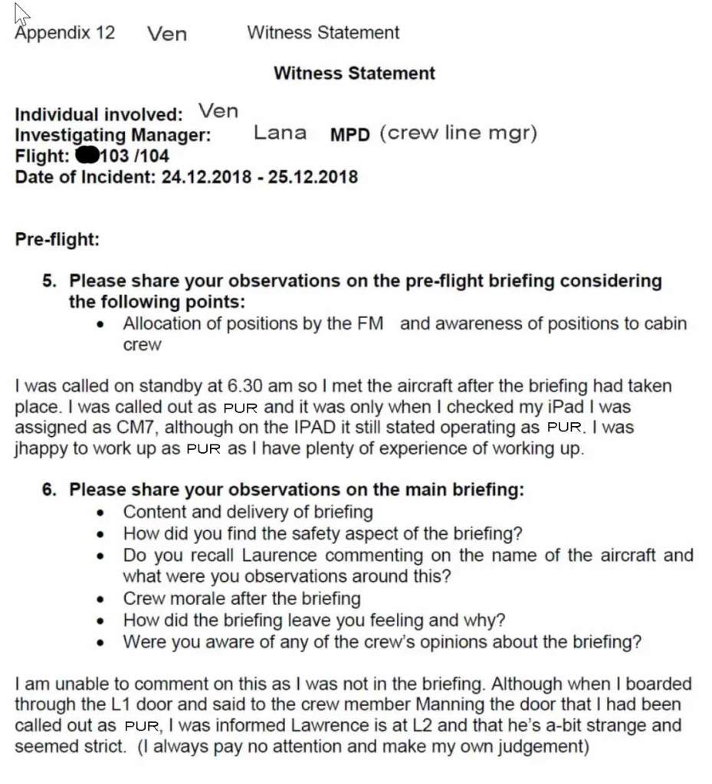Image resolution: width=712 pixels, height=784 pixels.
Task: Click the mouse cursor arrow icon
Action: [21, 14]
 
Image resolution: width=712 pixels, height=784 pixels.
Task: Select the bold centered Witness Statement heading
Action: [354, 74]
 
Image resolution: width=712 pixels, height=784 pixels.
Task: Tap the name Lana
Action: [280, 133]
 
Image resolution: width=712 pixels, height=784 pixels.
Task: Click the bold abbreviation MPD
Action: [350, 135]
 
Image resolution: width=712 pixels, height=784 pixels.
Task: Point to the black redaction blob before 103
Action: [87, 156]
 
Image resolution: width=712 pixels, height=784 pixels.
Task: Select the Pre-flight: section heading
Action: [57, 239]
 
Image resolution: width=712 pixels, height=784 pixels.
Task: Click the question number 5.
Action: [49, 280]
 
